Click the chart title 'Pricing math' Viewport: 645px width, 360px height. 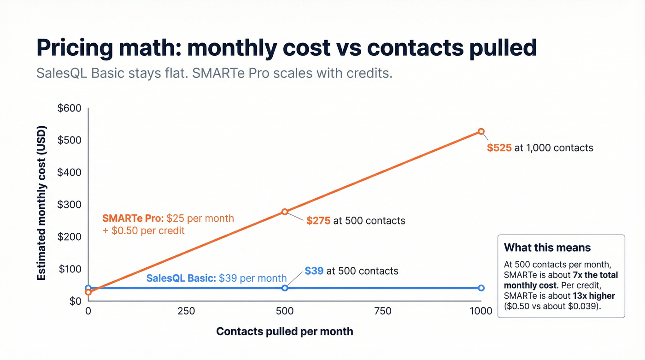286,48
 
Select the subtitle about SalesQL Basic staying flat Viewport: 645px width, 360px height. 214,73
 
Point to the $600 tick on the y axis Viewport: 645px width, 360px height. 69,108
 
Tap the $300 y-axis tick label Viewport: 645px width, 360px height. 69,205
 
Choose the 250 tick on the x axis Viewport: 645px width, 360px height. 186,312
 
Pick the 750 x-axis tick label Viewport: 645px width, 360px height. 382,312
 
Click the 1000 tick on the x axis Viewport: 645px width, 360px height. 481,312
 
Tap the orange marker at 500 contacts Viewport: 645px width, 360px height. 285,212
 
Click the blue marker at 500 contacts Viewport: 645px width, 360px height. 285,288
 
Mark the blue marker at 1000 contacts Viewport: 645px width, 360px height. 481,288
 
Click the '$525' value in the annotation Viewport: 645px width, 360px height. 499,148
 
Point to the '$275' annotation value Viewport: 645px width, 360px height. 318,221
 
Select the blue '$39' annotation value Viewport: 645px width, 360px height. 314,271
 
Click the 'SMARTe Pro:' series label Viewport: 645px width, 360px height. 133,218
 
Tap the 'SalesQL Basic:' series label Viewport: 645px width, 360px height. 181,278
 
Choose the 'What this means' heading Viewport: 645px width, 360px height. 547,248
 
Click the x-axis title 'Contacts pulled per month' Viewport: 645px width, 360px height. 284,331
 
